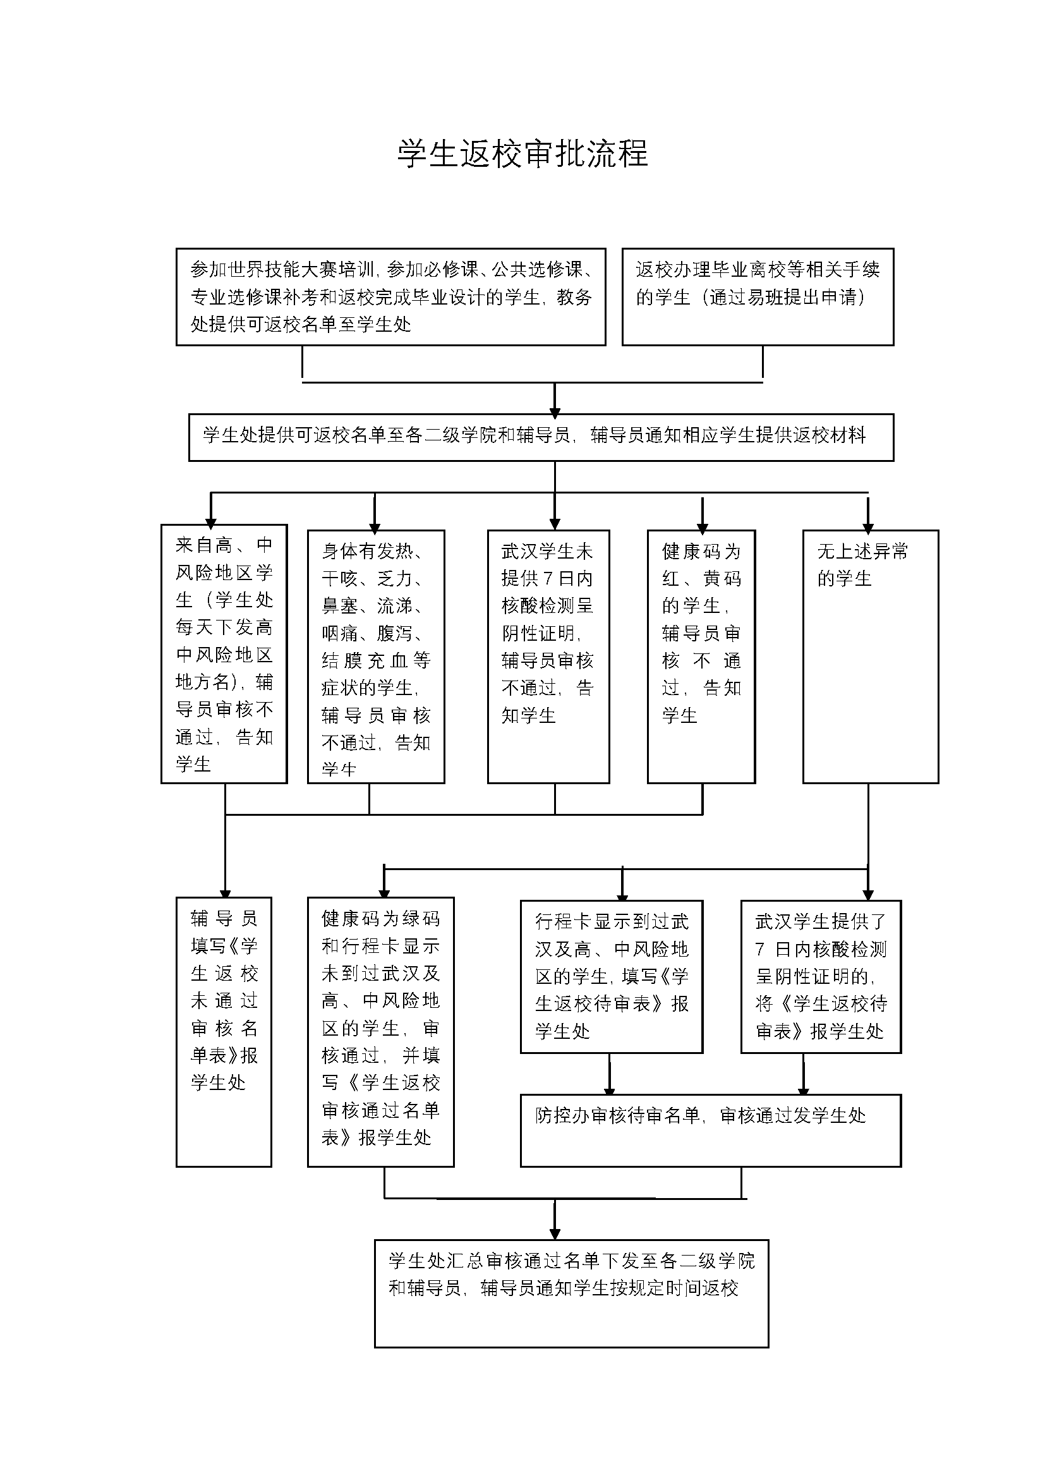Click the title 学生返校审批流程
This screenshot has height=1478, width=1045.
point(522,153)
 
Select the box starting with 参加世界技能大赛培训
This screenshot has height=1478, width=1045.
point(390,297)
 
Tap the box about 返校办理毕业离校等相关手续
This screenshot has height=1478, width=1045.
point(758,297)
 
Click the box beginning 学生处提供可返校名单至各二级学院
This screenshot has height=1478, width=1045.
point(541,437)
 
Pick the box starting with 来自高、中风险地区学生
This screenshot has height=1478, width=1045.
point(224,653)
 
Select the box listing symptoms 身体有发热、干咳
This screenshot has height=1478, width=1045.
point(376,657)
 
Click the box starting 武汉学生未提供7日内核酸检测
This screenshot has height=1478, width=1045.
point(548,657)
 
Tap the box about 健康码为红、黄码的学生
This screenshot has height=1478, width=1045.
point(701,657)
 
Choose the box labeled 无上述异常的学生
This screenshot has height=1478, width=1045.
point(871,657)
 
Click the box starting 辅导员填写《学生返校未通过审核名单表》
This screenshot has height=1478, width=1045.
point(224,1032)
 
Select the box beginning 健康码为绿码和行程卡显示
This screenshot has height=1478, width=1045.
point(380,1032)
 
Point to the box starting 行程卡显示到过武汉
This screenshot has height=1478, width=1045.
point(612,976)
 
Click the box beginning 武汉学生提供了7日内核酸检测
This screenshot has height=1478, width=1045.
point(821,976)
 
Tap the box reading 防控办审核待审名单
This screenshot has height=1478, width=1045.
point(710,1130)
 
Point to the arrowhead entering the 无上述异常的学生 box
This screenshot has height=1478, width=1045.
point(868,524)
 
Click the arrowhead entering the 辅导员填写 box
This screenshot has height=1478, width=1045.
point(225,892)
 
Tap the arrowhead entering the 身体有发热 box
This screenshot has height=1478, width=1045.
point(375,524)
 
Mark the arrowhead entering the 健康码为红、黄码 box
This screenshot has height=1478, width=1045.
point(702,524)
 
